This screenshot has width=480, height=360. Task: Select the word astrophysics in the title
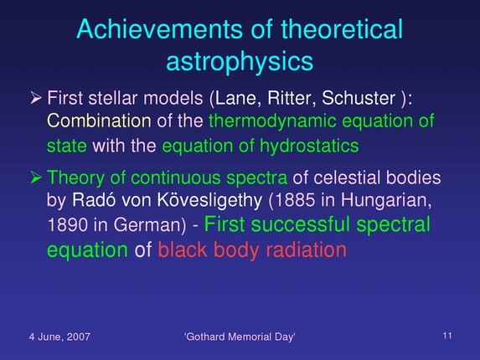pos(240,62)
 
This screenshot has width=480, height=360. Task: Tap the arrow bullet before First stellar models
pos(36,98)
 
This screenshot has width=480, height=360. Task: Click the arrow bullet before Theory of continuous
pos(36,178)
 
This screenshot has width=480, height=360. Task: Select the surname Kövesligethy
pos(227,202)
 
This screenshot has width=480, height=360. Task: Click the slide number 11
pos(446,335)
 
